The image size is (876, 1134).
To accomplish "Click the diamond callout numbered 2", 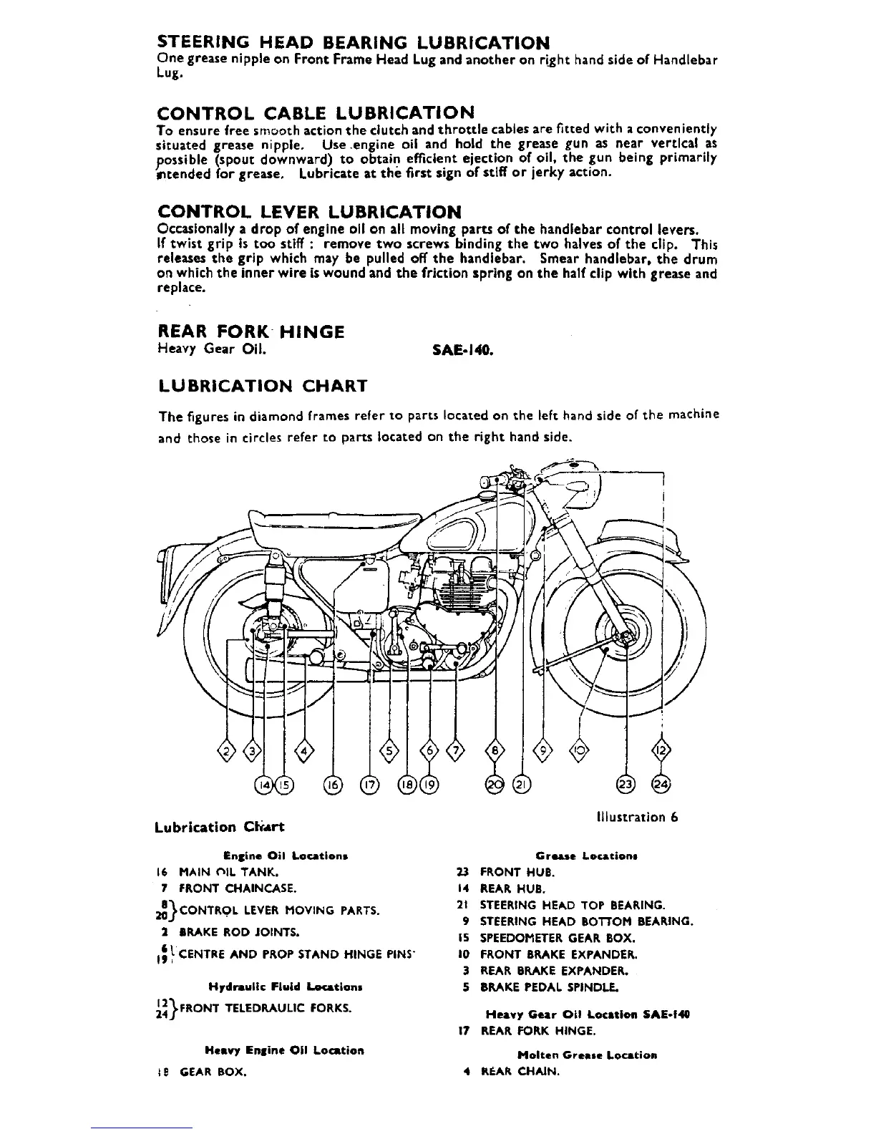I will pos(228,751).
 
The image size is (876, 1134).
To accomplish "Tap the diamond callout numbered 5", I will pos(390,751).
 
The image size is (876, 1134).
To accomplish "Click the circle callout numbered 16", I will pos(334,785).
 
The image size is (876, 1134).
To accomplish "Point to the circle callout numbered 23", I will pos(626,785).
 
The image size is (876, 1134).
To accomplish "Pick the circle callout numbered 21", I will pos(522,785).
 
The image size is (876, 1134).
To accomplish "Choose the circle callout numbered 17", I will pos(369,785).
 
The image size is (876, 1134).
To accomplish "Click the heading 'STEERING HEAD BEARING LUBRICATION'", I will pos(354,42).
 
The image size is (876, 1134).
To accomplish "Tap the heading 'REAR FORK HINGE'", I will pos(250,332).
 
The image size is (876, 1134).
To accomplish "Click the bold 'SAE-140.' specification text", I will pos(462,351).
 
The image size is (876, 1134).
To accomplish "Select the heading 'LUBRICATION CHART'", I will pos(262,387).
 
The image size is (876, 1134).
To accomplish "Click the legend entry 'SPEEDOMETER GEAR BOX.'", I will pos(547,938).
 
